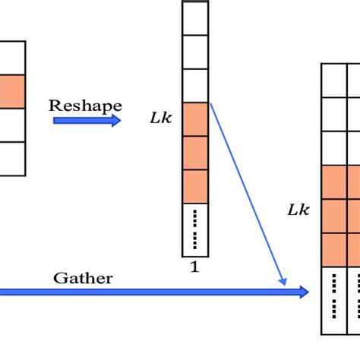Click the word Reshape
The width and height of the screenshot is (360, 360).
pyautogui.click(x=86, y=104)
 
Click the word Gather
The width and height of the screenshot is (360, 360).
pyautogui.click(x=83, y=278)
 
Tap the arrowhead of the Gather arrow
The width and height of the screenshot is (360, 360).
pyautogui.click(x=304, y=292)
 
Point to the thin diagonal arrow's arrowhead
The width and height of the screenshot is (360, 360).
pyautogui.click(x=284, y=282)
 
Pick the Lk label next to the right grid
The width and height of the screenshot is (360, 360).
pyautogui.click(x=298, y=210)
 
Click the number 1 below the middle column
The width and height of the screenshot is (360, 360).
pyautogui.click(x=194, y=267)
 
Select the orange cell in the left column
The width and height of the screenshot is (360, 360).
pyautogui.click(x=12, y=91)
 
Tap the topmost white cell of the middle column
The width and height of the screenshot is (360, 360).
pyautogui.click(x=195, y=18)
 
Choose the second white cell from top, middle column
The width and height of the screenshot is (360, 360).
pyautogui.click(x=195, y=52)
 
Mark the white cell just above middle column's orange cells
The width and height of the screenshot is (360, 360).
pyautogui.click(x=195, y=85)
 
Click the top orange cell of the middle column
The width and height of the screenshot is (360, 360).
pyautogui.click(x=195, y=118)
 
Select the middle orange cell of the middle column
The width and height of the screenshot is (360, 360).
pyautogui.click(x=195, y=152)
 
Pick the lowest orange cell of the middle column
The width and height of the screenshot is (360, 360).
pyautogui.click(x=195, y=186)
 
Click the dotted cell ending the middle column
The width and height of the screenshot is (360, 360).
pyautogui.click(x=195, y=229)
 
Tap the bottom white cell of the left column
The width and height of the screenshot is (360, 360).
pyautogui.click(x=12, y=159)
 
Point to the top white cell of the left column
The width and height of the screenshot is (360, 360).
pyautogui.click(x=12, y=58)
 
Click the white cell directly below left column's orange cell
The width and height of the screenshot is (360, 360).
pyautogui.click(x=12, y=125)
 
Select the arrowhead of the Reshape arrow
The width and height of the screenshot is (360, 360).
pyautogui.click(x=116, y=120)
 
